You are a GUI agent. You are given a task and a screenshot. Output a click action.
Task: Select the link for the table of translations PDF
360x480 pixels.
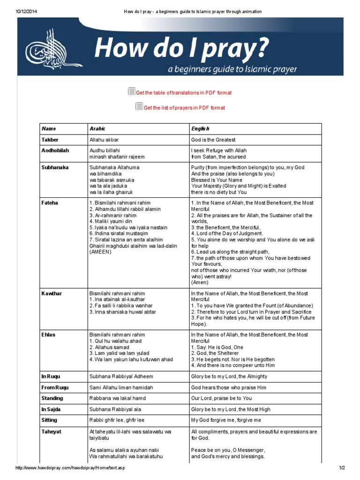183,93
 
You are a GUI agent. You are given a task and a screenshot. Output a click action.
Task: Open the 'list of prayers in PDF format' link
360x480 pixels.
184,108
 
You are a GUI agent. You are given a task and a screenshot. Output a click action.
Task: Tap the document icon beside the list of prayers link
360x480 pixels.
139,106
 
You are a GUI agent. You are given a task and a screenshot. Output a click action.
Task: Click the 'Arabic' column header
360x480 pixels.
97,128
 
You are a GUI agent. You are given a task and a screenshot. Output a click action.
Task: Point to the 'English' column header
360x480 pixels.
200,128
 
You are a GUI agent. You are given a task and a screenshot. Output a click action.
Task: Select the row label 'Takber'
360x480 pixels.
50,140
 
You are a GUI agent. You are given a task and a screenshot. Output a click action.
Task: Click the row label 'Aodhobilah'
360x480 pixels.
55,150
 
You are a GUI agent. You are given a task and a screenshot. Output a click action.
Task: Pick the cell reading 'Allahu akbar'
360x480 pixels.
106,140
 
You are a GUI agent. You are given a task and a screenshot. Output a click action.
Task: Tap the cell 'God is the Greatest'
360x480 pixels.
213,140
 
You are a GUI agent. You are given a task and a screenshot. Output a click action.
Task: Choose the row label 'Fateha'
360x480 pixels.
50,202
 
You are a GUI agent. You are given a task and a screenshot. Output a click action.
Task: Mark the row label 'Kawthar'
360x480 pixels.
52,293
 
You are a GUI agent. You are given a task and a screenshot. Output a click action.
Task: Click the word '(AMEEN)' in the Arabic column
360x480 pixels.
100,252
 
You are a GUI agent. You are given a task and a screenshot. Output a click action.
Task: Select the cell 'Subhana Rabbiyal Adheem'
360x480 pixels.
121,376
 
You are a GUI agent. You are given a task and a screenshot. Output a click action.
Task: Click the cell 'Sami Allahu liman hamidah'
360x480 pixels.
121,388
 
